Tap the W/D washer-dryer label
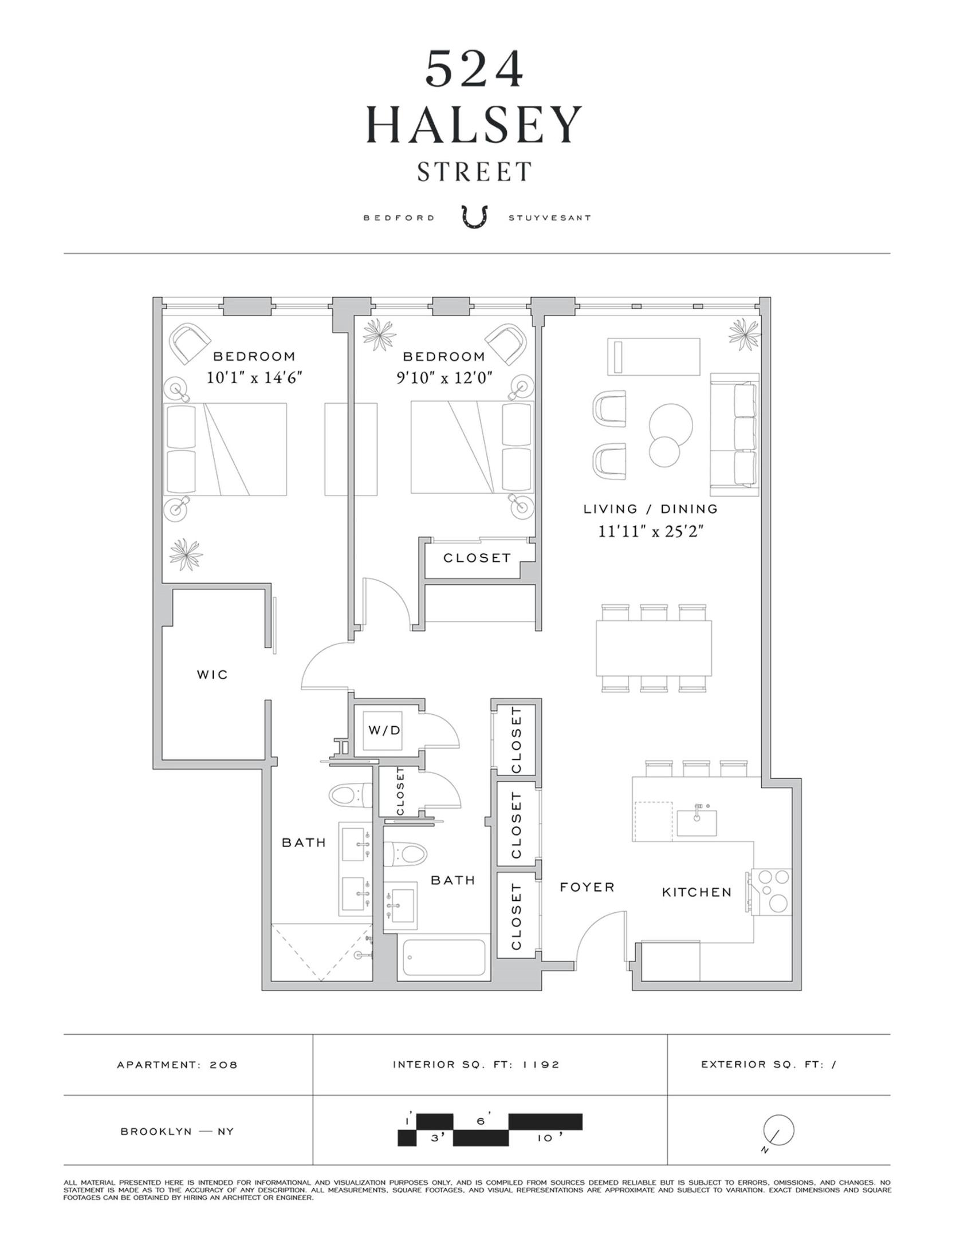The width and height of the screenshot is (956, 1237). point(384,730)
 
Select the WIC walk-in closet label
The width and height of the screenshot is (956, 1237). point(213,675)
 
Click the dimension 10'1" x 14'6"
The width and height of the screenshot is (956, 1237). point(254,378)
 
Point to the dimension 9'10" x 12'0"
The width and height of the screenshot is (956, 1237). point(444,378)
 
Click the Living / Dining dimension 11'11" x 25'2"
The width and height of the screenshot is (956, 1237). point(651,531)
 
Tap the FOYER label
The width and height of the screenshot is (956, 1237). point(587,887)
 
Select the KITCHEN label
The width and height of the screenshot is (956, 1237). point(697,892)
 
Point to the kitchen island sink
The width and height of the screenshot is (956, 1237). point(697,823)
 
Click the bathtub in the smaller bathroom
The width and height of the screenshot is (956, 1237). point(444,958)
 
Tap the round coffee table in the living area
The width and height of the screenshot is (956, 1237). point(670,425)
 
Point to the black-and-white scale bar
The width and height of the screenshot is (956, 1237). point(490,1129)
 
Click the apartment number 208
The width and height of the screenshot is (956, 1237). point(223,1065)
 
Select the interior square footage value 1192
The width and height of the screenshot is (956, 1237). point(541,1065)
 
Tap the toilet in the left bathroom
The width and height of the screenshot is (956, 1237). point(347,795)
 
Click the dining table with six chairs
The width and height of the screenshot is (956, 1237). point(654,648)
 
